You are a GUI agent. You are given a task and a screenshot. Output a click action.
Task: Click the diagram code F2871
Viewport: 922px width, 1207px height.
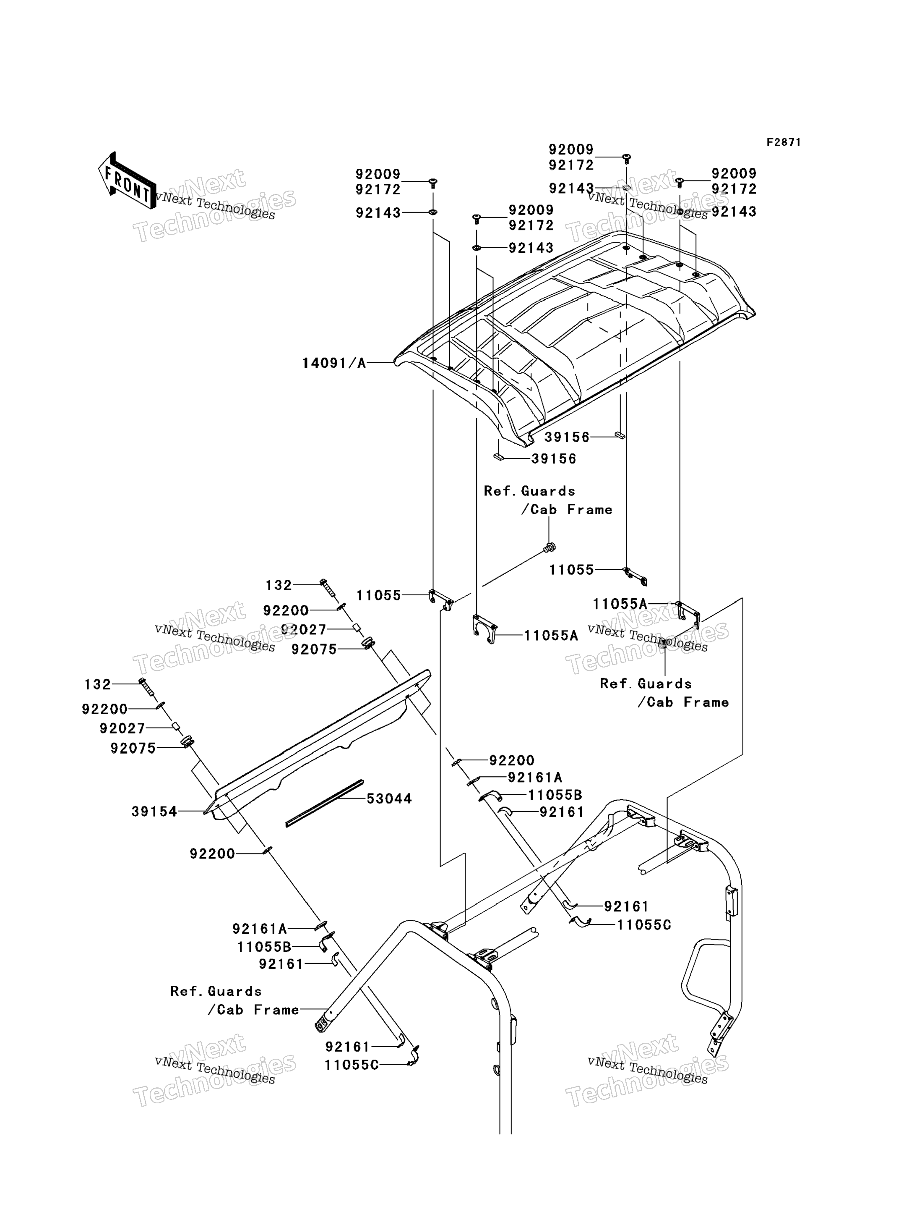(784, 142)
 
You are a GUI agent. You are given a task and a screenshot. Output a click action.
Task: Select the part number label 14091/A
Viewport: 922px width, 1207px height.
(333, 363)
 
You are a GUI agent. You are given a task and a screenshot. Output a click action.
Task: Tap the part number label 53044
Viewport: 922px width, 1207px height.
(389, 799)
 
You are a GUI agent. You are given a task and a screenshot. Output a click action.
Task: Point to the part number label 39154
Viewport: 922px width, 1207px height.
(154, 812)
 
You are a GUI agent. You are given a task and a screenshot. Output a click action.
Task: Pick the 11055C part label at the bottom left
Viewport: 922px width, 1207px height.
(351, 1065)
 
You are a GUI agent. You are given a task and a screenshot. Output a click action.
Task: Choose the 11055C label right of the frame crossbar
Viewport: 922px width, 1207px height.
(644, 925)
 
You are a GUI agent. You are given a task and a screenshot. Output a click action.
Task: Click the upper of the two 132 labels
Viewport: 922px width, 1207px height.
(279, 585)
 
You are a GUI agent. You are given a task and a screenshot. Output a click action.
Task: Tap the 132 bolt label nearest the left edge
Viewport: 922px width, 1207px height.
(98, 684)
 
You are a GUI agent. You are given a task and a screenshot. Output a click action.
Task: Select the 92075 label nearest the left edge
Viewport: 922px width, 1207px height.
(133, 748)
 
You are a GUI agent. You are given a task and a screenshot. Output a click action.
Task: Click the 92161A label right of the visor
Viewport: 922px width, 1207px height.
(535, 778)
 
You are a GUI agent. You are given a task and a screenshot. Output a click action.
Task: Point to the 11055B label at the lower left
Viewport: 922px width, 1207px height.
(264, 947)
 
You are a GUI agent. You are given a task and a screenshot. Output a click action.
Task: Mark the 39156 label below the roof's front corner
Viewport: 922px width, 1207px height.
(554, 458)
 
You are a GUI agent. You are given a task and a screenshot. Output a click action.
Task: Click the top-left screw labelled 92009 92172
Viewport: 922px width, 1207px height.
(432, 183)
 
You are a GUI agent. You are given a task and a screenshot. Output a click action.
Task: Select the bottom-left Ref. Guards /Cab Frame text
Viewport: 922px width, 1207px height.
(235, 1000)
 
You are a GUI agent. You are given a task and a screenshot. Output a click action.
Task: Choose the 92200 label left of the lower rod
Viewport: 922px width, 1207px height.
(212, 854)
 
